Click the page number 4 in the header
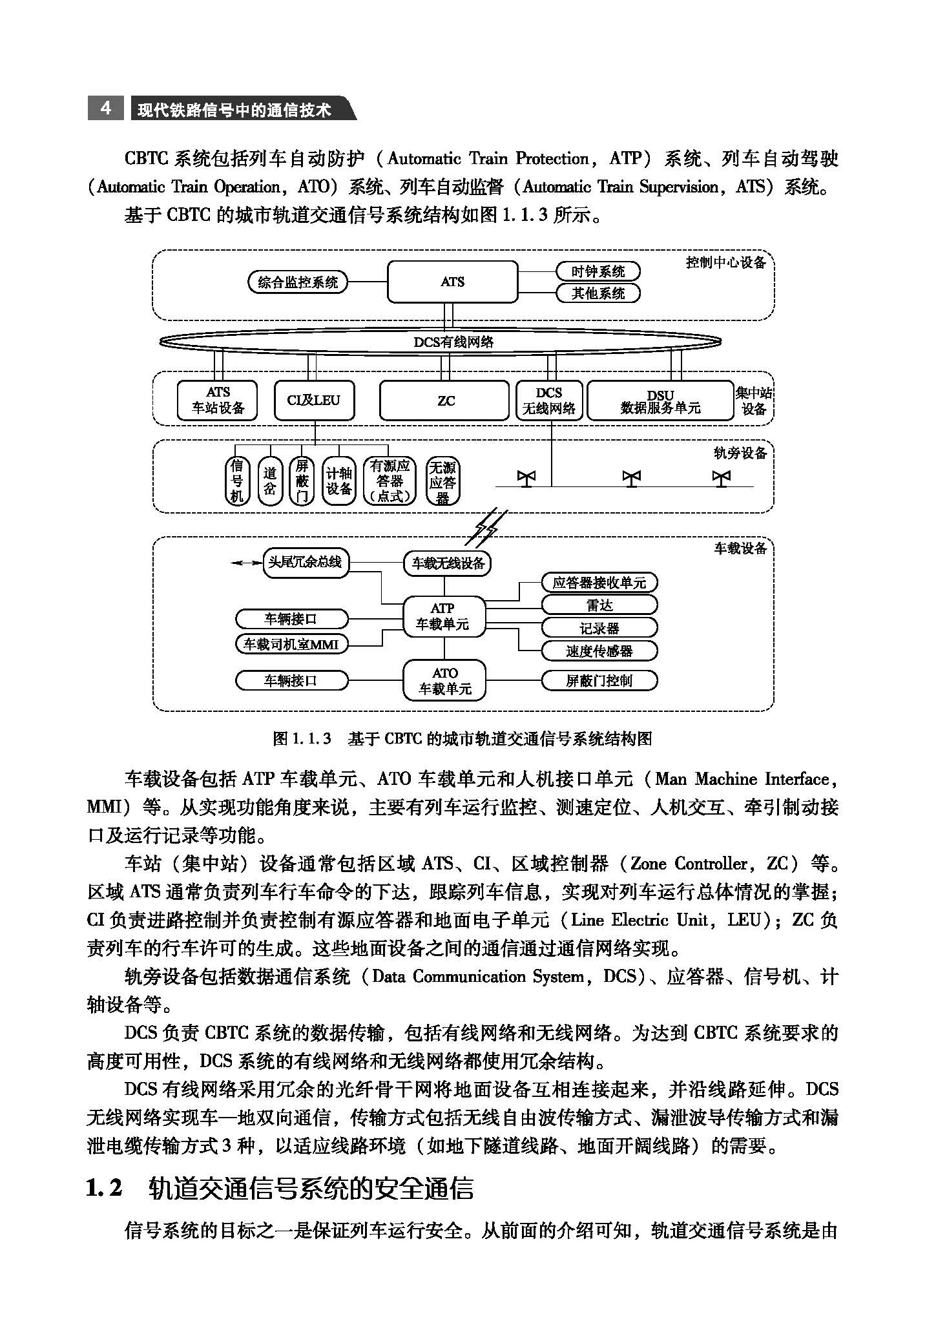coord(106,108)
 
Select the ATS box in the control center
coord(452,282)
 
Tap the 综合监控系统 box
coord(298,282)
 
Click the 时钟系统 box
coord(598,271)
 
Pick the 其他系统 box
coord(598,293)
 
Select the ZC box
coord(444,401)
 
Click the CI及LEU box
coord(314,401)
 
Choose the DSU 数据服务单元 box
coord(660,401)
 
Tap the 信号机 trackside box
coord(237,481)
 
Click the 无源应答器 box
coord(442,482)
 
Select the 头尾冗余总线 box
coord(305,562)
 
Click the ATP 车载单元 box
coord(443,616)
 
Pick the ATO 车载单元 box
coord(444,681)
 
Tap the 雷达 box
coord(599,605)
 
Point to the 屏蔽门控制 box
coord(599,681)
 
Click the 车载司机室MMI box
coord(291,644)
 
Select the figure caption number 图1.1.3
coord(302,738)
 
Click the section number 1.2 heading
coord(104,1188)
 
